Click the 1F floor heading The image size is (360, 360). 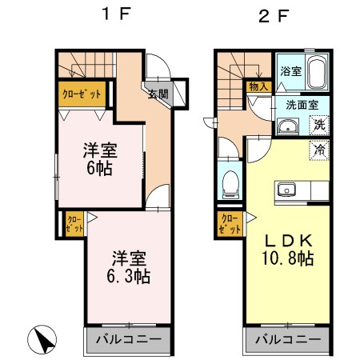point(117,14)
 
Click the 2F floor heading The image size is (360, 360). point(274,16)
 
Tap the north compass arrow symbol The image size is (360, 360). point(42,339)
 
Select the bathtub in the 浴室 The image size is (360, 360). point(318,72)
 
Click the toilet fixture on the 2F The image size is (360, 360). point(230,185)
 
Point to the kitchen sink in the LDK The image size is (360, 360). point(286,190)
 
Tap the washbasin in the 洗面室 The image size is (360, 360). point(288,126)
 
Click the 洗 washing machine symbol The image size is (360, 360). point(319,125)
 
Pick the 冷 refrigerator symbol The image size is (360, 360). point(319,150)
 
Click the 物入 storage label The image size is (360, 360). point(258,86)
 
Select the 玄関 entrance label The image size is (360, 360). point(158,94)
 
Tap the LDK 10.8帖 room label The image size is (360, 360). point(288,250)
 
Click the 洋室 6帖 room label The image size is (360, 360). point(100,159)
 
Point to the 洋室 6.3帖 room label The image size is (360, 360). point(129,266)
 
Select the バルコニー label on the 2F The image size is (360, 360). point(288,339)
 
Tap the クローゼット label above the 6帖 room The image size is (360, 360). point(82,94)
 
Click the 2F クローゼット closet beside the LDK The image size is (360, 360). point(230,224)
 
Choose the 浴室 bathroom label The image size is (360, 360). point(291,71)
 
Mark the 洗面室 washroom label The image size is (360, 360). point(302,105)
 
